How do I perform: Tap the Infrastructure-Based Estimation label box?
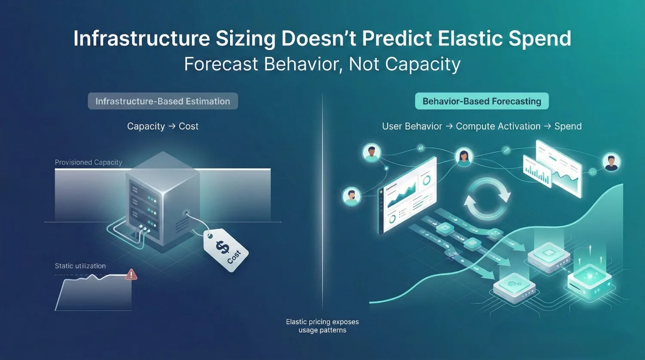(163, 102)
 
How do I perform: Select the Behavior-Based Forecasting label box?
(482, 102)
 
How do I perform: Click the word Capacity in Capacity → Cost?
(146, 126)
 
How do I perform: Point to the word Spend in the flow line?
(568, 126)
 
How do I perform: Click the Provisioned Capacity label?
(89, 162)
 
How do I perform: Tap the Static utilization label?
(80, 266)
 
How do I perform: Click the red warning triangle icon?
(131, 274)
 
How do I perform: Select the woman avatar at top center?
(464, 157)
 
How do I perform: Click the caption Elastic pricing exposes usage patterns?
(322, 326)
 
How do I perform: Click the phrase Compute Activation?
(498, 126)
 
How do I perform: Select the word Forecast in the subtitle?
(221, 65)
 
